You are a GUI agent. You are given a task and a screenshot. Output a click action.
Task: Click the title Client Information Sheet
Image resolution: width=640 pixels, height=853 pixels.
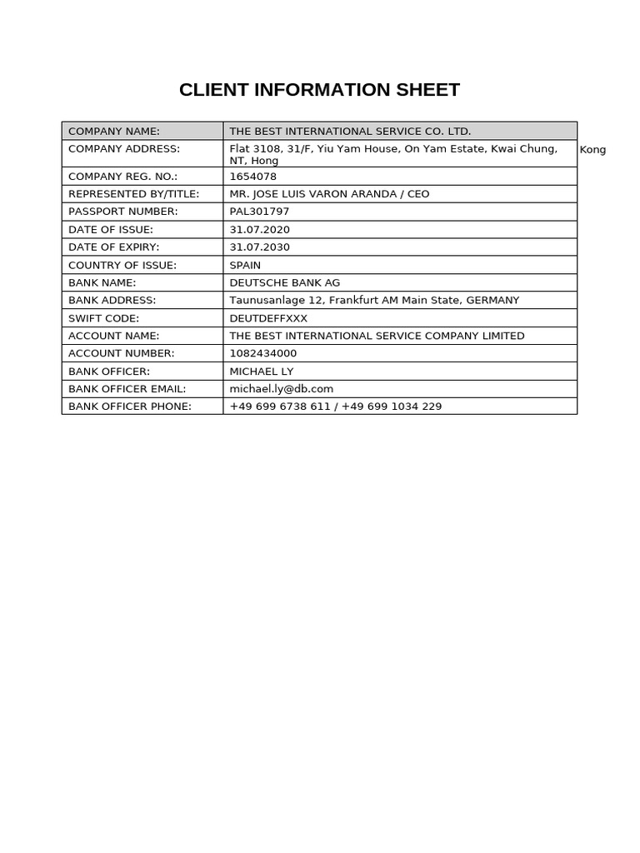click(319, 90)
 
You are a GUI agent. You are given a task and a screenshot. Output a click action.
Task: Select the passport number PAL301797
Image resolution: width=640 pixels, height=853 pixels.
click(259, 212)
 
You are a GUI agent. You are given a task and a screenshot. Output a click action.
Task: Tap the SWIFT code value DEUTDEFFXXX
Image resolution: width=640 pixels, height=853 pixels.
click(268, 318)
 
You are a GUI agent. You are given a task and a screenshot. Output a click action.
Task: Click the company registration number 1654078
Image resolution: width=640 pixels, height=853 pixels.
click(252, 177)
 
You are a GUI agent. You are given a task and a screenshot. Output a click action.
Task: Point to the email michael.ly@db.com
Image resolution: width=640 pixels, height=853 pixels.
click(281, 389)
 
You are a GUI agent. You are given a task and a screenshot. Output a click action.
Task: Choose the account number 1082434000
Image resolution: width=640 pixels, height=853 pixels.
click(262, 353)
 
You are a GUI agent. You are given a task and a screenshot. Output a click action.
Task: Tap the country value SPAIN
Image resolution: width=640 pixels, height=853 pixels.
click(245, 265)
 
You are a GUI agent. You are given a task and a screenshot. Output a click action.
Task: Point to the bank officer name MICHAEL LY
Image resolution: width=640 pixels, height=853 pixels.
click(261, 372)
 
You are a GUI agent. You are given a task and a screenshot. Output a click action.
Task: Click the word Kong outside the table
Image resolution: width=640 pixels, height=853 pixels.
click(592, 150)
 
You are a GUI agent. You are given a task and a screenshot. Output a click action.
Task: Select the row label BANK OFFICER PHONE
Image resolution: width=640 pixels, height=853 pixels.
click(130, 407)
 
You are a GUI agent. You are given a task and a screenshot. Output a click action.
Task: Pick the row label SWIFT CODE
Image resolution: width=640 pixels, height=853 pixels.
click(103, 318)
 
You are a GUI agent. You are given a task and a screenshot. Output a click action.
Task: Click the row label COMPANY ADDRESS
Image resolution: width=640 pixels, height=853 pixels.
click(124, 149)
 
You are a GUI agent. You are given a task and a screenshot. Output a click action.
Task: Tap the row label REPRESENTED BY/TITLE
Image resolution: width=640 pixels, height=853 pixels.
click(133, 194)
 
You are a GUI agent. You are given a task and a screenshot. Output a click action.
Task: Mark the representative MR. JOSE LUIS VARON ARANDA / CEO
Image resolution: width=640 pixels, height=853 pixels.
click(329, 194)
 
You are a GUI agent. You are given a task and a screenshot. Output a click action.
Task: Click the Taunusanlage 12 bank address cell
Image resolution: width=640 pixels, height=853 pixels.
click(374, 301)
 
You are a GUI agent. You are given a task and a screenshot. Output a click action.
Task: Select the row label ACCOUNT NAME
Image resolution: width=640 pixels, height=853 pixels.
click(113, 336)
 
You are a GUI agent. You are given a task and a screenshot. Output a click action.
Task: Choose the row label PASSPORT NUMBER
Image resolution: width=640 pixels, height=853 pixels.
click(122, 212)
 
